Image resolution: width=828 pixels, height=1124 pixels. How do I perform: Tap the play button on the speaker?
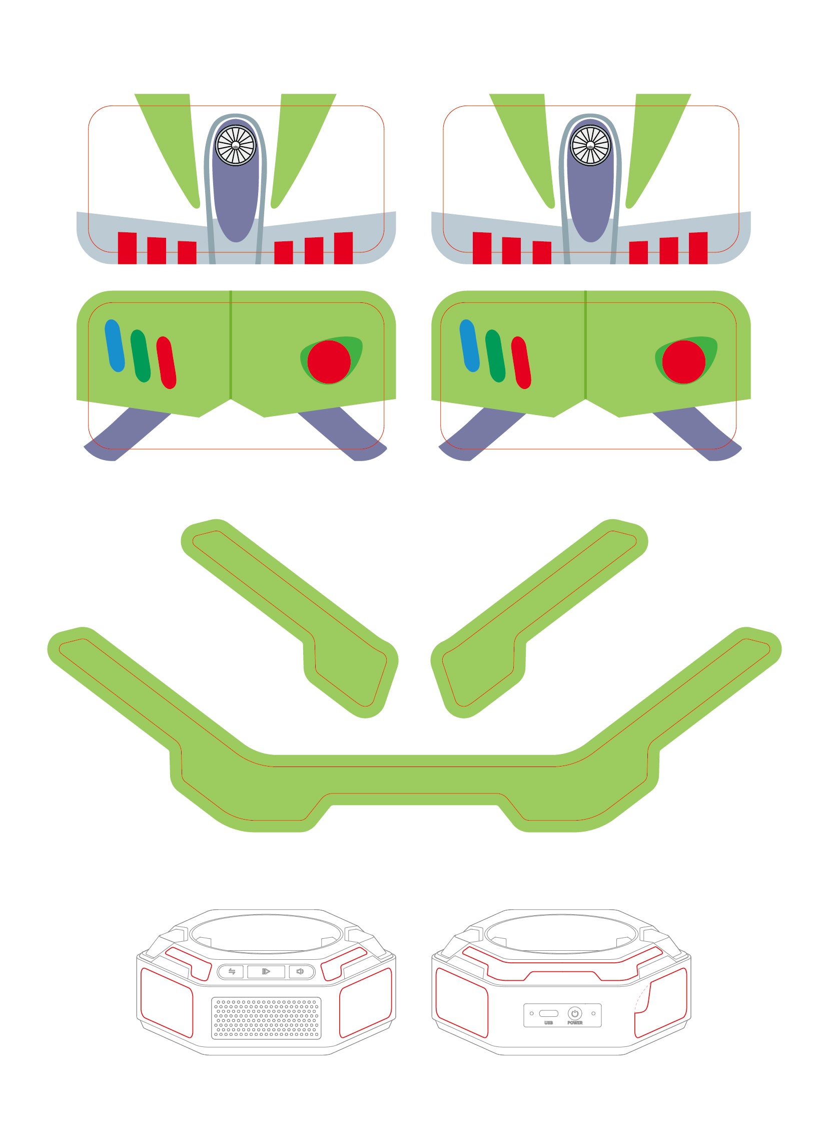pyautogui.click(x=266, y=971)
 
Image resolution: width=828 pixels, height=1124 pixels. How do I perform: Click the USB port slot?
pyautogui.click(x=548, y=1014)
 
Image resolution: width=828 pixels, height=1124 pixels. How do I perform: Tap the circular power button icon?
pyautogui.click(x=574, y=1013)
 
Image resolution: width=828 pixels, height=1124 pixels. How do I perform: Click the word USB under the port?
pyautogui.click(x=548, y=1023)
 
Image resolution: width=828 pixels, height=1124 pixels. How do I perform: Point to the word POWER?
pyautogui.click(x=575, y=1023)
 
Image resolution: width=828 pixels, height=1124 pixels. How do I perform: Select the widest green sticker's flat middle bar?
pyautogui.click(x=414, y=780)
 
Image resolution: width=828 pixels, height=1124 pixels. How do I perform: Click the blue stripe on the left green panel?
pyautogui.click(x=114, y=345)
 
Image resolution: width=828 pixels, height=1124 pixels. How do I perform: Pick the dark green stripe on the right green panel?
pyautogui.click(x=495, y=355)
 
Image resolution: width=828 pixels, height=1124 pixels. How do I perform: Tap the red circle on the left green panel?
pyautogui.click(x=329, y=361)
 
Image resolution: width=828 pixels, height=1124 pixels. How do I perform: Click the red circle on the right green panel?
pyautogui.click(x=683, y=361)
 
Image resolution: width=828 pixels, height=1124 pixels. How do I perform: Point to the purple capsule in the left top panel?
pyautogui.click(x=236, y=201)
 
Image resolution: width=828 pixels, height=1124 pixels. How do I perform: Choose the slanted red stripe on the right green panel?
pyautogui.click(x=521, y=362)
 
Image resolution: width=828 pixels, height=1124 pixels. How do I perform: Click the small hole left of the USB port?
pyautogui.click(x=532, y=1014)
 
